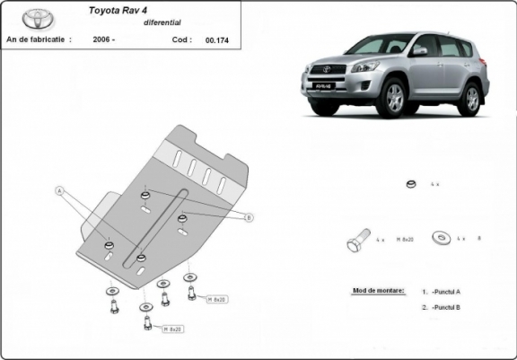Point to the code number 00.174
click(216, 40)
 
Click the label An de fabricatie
click(39, 40)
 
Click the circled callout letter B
click(250, 217)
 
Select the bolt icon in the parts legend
click(356, 241)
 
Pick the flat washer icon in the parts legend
click(441, 239)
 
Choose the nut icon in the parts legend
click(410, 184)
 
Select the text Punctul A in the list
click(446, 293)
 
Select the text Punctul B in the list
click(446, 308)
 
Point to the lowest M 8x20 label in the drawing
click(172, 329)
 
